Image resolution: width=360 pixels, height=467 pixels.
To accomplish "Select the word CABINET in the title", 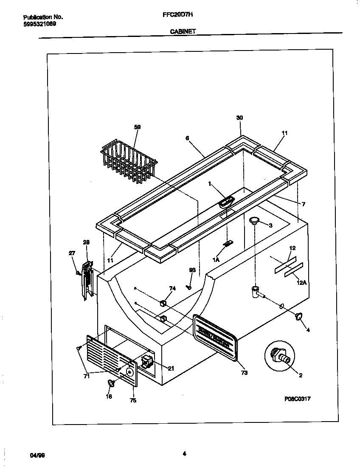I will coord(183,31).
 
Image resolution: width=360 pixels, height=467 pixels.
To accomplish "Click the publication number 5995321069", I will coord(39,24).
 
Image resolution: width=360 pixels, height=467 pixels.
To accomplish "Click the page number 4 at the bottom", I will coord(184,453).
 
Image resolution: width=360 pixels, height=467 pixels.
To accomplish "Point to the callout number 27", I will coord(72,253).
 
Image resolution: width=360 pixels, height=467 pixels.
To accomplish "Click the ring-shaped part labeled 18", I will coord(111,383).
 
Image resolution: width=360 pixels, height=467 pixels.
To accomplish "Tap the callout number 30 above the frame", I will coord(239,118).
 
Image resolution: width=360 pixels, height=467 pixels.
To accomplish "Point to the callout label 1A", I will coord(216,259).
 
